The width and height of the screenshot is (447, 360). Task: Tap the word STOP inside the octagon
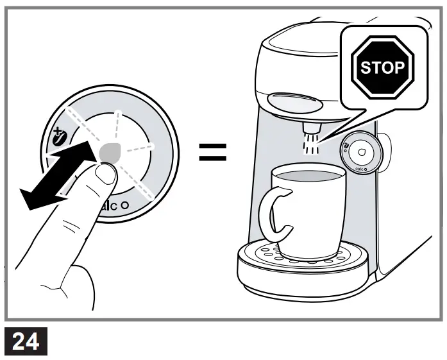click(382, 67)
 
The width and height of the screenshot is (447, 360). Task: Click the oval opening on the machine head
click(294, 101)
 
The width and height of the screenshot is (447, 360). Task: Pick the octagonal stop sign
click(382, 67)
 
